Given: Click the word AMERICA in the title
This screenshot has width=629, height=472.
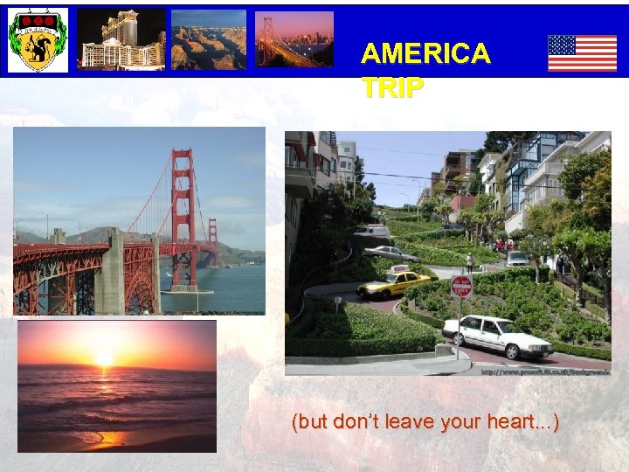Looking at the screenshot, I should point(425,54).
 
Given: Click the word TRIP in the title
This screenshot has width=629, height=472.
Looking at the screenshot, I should point(392,87).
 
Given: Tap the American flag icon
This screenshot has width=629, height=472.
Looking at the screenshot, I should point(582,52).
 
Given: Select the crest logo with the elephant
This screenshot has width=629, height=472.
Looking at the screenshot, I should point(38,40).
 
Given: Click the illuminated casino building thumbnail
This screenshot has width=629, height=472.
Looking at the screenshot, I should point(121,40).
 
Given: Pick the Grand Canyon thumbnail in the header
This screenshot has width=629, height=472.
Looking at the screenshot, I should point(209,40).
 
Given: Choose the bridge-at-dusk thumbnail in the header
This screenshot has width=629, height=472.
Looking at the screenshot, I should point(294,40).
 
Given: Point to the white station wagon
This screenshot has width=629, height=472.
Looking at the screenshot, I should point(497,336).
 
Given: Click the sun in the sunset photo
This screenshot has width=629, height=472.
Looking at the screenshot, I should point(104,358).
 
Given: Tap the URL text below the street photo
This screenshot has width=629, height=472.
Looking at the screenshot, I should point(545,371).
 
